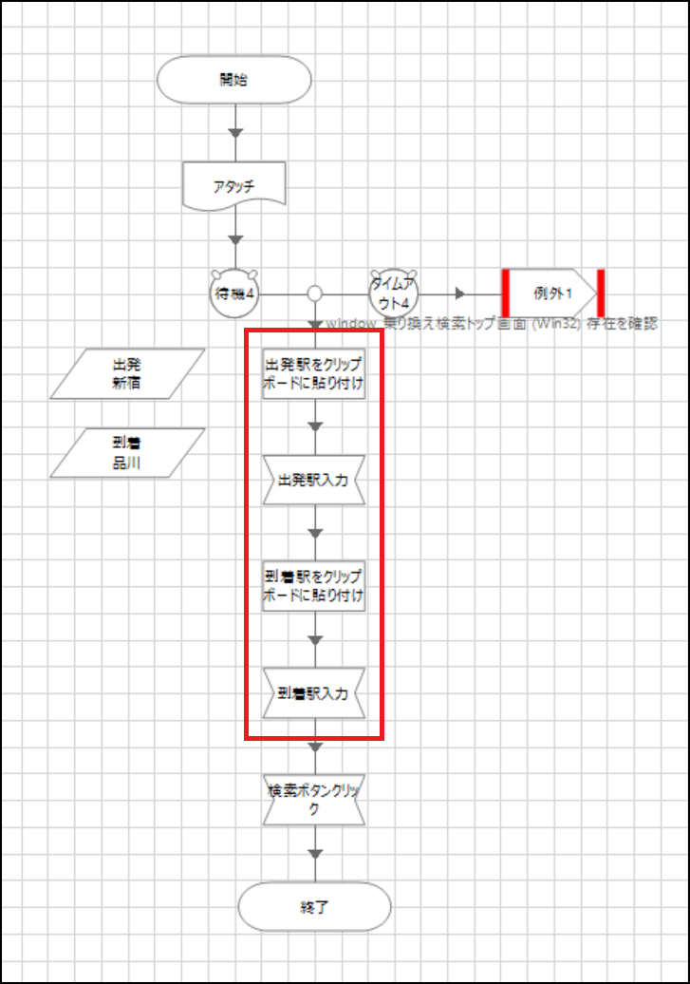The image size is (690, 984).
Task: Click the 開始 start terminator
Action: coord(234,79)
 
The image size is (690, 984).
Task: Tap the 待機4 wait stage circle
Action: coord(234,293)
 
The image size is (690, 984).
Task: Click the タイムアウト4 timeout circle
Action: coord(394,293)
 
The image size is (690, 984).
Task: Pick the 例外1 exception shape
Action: coord(553,293)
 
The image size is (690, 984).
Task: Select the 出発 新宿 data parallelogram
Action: coord(127,373)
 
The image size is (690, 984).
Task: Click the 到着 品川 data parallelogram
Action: coord(127,452)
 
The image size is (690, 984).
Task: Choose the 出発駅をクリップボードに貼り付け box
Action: coord(314,374)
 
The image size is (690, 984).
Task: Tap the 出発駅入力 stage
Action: coord(314,481)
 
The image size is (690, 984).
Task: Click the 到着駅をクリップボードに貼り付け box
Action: coord(314,586)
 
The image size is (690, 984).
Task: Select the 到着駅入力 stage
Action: coord(314,692)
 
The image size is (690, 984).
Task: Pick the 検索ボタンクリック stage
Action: coord(314,799)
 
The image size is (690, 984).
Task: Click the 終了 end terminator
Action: coord(314,907)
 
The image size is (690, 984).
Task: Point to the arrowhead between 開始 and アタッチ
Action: coord(236,132)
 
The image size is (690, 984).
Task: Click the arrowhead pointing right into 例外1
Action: coord(459,293)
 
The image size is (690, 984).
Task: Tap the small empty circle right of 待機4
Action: coord(315,293)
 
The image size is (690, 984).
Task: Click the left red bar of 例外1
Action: coord(506,293)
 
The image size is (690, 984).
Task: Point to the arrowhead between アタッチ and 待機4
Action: coord(236,238)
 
